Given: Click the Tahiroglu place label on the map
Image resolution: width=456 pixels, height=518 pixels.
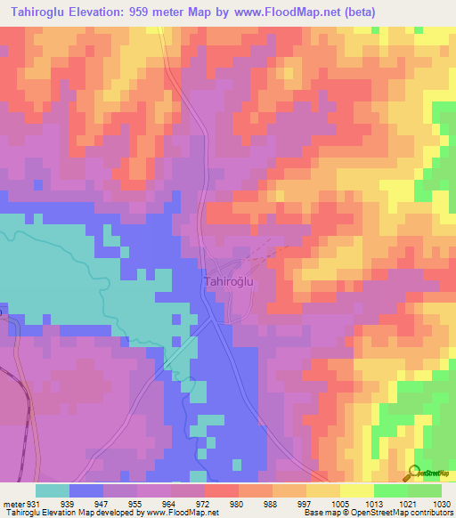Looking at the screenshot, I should click(x=230, y=281).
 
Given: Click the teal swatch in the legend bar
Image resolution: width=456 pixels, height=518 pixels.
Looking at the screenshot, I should click(x=53, y=490).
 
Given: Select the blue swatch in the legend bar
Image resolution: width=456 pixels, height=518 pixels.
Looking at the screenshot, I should click(x=86, y=490).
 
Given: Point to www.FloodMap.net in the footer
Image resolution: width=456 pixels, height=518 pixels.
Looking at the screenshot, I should click(x=182, y=513).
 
